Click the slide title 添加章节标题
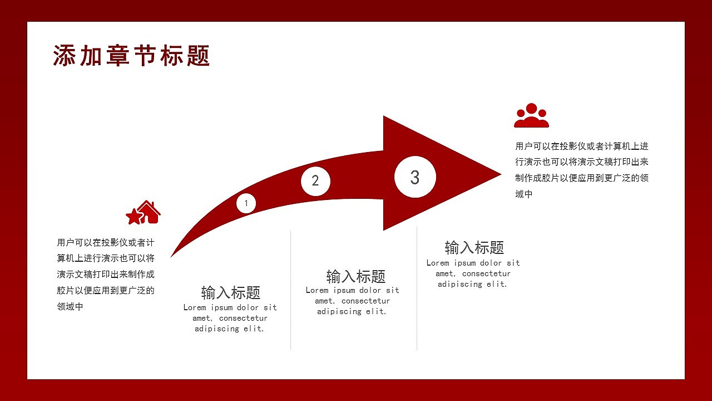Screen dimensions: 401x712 tap(131, 56)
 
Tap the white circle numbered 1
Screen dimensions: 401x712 tap(246, 203)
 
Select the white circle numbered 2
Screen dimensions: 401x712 tap(315, 181)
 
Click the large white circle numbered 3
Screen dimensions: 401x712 tap(415, 177)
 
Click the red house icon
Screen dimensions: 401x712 tap(149, 212)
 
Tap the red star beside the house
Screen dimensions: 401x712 tap(134, 217)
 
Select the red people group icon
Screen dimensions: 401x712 tap(531, 116)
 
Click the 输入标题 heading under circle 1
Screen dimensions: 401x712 tap(230, 292)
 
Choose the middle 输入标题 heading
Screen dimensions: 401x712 tap(355, 276)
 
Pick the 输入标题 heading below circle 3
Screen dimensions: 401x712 tap(474, 247)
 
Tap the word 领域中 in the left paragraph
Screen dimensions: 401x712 tap(70, 306)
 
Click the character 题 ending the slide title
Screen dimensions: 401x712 tap(199, 56)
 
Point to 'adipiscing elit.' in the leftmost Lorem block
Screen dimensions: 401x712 tap(230, 329)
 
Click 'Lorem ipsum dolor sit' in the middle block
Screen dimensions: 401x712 tap(352, 290)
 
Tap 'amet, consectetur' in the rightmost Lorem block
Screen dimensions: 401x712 tap(473, 273)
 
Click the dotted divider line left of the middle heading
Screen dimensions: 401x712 tap(290, 290)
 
